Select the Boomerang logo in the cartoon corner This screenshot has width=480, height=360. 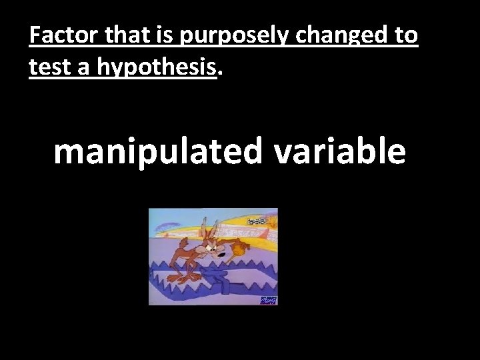pos(268,300)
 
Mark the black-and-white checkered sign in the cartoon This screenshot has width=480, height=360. pos(257,221)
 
